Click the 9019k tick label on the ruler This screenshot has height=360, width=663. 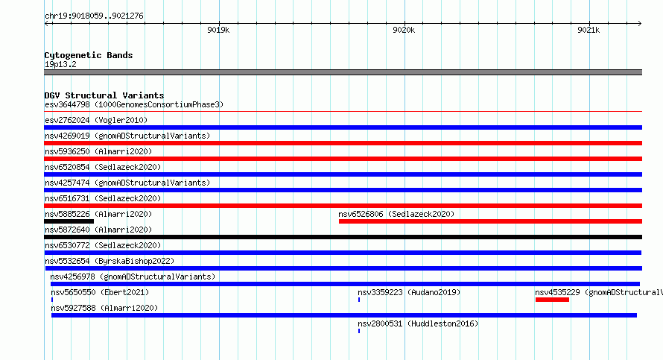coord(218,30)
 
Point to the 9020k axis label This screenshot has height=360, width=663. coord(404,30)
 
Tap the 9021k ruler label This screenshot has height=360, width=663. coord(589,30)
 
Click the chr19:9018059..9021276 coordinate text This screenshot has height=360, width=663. coord(95,16)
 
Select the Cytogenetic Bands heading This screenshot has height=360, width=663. coord(89,55)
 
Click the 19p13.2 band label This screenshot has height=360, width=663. coord(60,64)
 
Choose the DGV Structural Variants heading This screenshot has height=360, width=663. coord(104,95)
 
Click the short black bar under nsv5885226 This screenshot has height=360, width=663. coord(69,221)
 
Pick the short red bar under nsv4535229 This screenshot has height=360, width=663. coord(552,300)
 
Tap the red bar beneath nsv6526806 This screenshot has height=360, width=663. coord(490,221)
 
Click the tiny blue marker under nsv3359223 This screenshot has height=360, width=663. coord(359,300)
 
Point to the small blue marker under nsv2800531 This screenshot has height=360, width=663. coord(359,331)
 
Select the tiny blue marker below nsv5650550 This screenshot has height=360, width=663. coord(52,300)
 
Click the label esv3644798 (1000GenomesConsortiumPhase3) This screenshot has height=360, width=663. coord(134,104)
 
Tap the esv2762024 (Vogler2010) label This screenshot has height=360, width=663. coord(96,120)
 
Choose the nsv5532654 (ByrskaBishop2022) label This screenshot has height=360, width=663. coord(110,261)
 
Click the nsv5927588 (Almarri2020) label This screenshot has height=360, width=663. coord(104,308)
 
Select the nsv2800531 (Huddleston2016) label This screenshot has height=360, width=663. coord(418,323)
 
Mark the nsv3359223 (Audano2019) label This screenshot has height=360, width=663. coord(409,292)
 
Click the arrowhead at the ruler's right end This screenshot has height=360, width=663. coord(640,23)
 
